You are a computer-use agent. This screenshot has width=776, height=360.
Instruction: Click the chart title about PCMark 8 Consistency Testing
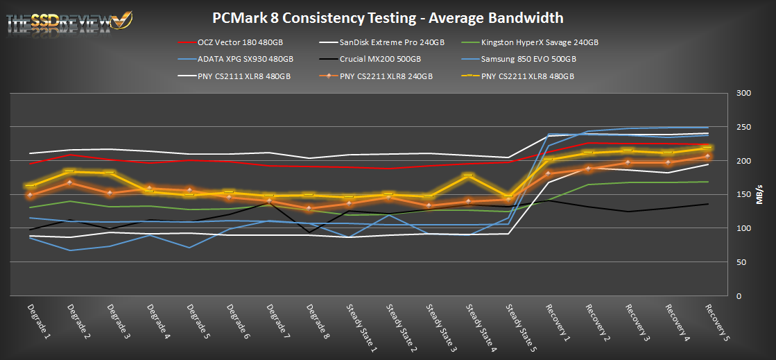[x=388, y=17]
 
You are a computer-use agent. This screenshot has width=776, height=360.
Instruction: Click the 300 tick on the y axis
[x=744, y=94]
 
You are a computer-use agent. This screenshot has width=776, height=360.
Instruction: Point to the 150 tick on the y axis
[x=744, y=195]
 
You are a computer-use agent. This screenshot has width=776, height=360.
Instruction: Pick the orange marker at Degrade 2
[x=69, y=182]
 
